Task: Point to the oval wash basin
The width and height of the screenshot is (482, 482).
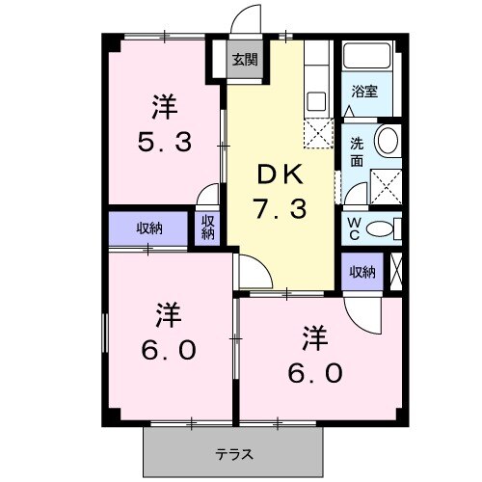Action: pos(388,141)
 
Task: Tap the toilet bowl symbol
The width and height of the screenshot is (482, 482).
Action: pos(384,228)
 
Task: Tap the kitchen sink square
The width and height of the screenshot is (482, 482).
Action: pos(315,100)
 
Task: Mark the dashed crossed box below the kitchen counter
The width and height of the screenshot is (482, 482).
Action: pos(316,133)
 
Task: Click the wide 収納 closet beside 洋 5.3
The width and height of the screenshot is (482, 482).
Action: pos(149,228)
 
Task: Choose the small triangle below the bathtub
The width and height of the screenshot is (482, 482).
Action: pos(349,112)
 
